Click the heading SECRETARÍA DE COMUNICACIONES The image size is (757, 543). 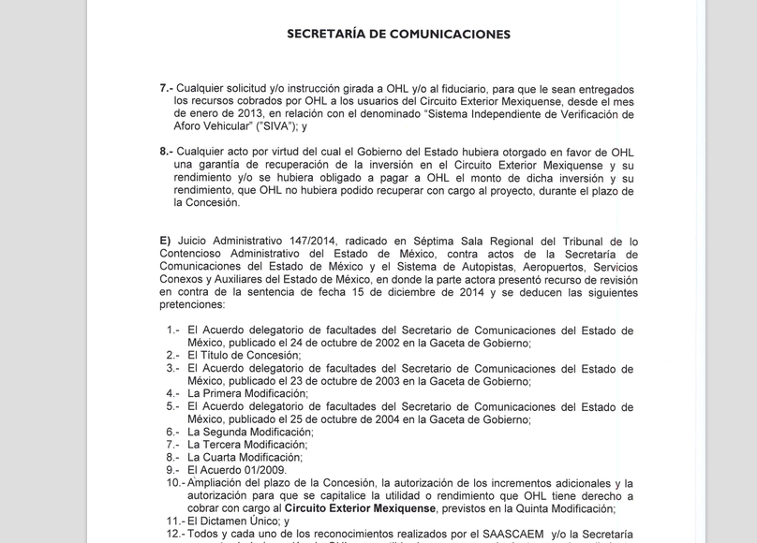coord(398,34)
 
